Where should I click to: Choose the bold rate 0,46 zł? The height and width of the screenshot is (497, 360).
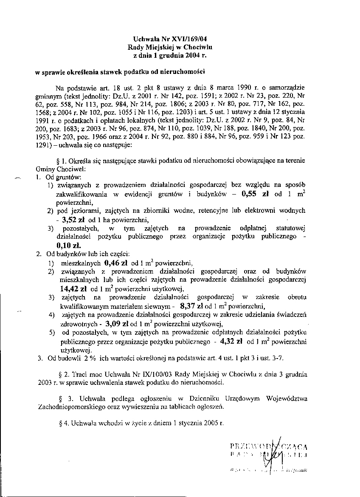(x=116, y=262)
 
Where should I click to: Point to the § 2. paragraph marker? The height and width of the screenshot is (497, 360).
(x=66, y=375)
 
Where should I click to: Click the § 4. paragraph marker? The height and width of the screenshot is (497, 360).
(x=66, y=423)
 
